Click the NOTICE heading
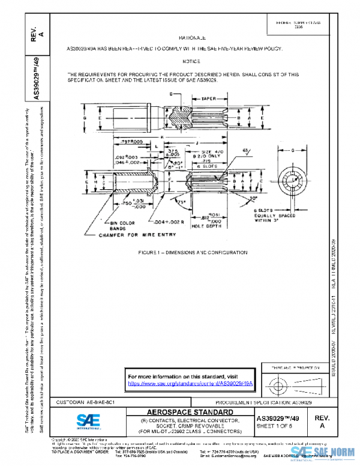pyautogui.click(x=191, y=62)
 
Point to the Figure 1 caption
pyautogui.click(x=191, y=252)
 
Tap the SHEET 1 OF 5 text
pyautogui.click(x=276, y=426)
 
